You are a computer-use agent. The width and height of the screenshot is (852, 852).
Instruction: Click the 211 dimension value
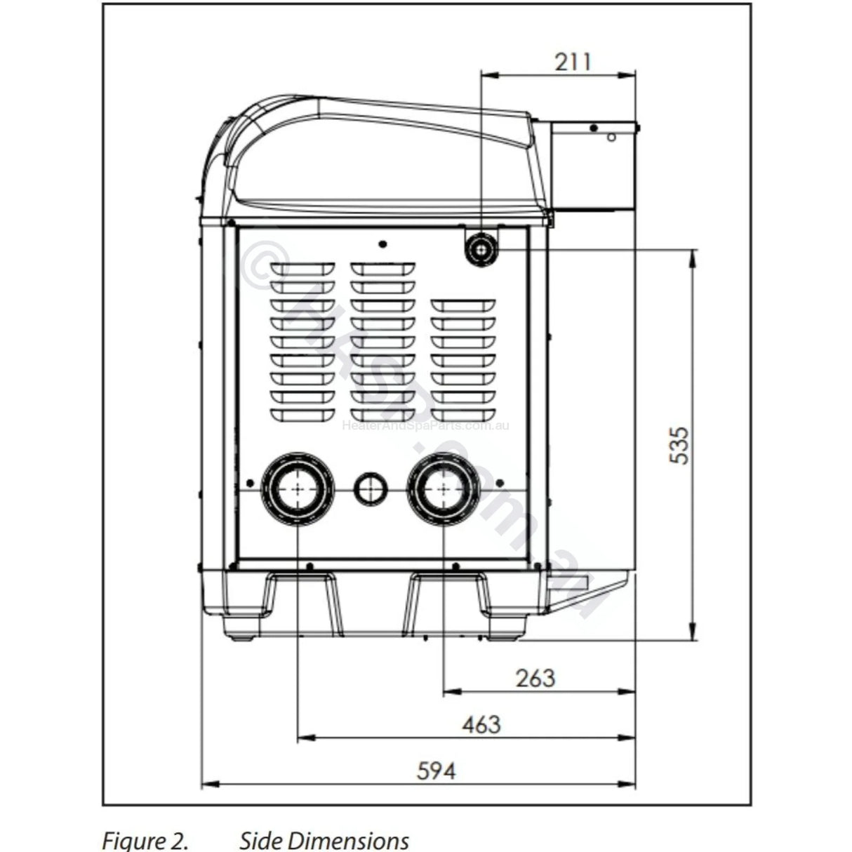coord(573,62)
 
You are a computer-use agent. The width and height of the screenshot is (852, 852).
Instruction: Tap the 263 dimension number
coord(535,678)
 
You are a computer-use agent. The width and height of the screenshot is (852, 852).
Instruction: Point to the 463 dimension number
coord(481,724)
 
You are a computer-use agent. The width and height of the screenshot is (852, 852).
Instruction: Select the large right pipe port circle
coord(444,488)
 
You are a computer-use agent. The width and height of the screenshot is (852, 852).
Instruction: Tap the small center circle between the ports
coord(370,488)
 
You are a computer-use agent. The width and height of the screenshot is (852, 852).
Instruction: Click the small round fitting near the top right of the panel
coord(481,248)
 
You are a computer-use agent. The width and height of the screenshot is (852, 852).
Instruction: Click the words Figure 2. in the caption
coord(145,840)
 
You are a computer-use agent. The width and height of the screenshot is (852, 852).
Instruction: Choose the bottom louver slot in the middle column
coord(382,415)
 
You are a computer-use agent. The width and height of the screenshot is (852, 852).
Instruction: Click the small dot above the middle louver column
coord(382,244)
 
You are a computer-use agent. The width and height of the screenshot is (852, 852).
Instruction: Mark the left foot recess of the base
coord(302,597)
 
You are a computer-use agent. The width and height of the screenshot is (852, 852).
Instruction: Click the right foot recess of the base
coord(447,597)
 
